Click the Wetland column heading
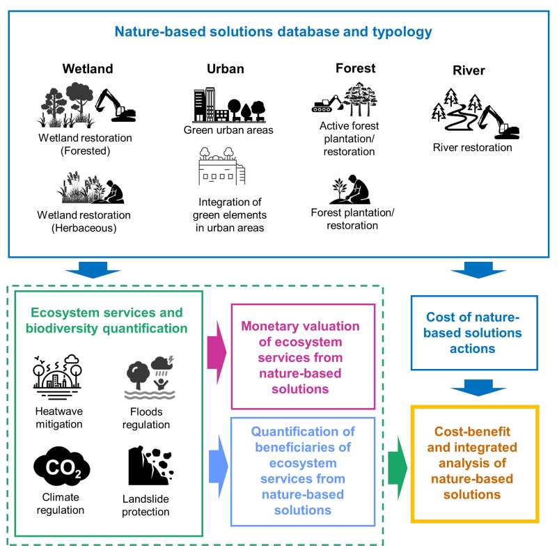click(88, 68)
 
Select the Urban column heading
click(226, 68)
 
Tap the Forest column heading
click(356, 68)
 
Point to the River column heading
click(469, 70)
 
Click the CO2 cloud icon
click(62, 466)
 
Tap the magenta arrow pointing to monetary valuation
click(217, 352)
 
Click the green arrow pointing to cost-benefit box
click(398, 468)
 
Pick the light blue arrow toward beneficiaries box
click(218, 466)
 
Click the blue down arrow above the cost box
click(478, 270)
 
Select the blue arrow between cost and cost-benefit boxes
click(478, 388)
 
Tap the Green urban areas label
click(228, 130)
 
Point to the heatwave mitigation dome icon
click(57, 377)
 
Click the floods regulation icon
click(150, 377)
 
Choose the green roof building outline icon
click(221, 166)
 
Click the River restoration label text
click(473, 148)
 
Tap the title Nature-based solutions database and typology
click(273, 31)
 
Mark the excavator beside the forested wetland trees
click(116, 105)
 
